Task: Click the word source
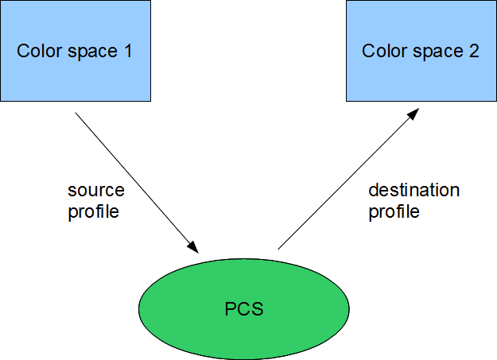click(x=95, y=191)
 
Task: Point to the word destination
click(x=414, y=191)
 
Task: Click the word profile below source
click(x=93, y=212)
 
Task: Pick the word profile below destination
click(x=394, y=212)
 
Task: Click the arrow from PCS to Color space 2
click(x=347, y=180)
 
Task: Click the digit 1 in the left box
click(x=127, y=52)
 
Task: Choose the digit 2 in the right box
click(x=474, y=52)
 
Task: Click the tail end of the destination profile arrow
click(x=279, y=248)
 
